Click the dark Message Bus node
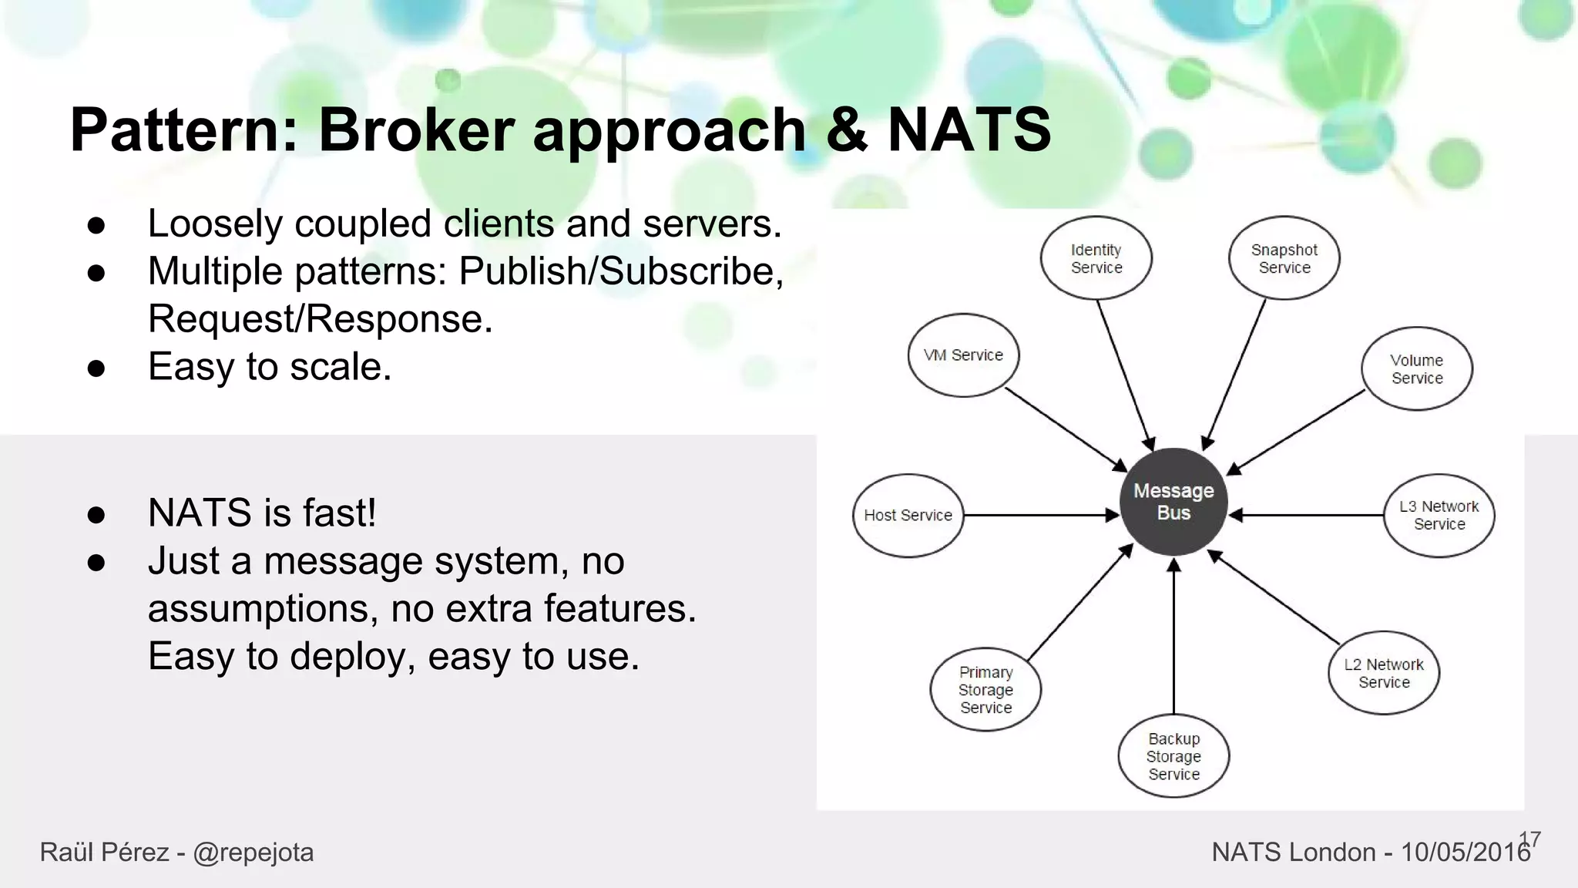coord(1173,501)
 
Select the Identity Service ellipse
coord(1096,258)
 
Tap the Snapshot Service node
coord(1284,258)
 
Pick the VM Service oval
coord(963,355)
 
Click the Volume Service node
coord(1416,368)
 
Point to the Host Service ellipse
coord(908,515)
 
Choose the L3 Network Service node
coord(1439,515)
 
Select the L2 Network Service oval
coord(1384,673)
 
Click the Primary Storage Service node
coord(985,689)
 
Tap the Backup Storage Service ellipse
coord(1173,756)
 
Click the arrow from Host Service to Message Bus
coord(1040,515)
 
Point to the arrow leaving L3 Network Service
coord(1310,515)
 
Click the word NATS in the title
coord(969,129)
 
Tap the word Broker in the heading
coord(416,129)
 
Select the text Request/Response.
coord(320,318)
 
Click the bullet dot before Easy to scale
coord(96,368)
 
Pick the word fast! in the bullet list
coord(339,513)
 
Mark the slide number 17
coord(1530,839)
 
